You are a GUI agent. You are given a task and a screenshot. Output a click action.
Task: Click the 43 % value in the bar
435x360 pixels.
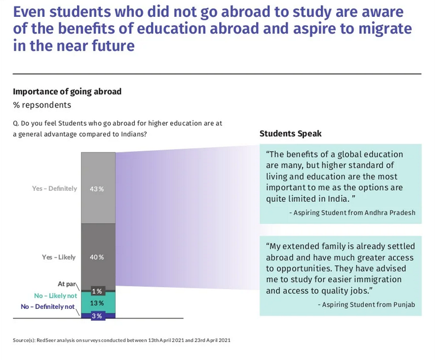click(97, 188)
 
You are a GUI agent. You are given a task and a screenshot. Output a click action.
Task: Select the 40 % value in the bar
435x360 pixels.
click(97, 257)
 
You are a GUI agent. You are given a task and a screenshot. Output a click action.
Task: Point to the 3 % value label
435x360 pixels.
click(97, 316)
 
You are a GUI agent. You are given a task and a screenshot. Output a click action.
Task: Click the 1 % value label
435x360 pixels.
click(97, 291)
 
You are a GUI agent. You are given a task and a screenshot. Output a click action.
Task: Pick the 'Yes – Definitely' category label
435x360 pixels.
click(55, 188)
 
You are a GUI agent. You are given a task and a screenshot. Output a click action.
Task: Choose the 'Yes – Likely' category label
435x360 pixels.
click(58, 257)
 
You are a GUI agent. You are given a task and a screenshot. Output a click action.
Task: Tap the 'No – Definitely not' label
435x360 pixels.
click(48, 307)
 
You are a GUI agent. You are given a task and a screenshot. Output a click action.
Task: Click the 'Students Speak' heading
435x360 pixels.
click(290, 133)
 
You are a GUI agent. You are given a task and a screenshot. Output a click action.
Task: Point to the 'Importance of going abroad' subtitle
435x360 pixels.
click(67, 91)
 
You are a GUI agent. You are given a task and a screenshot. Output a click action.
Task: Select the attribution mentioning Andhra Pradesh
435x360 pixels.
click(353, 213)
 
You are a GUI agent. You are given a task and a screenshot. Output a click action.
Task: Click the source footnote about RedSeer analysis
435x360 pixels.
click(121, 340)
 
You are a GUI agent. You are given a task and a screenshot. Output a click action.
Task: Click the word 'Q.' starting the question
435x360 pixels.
click(16, 123)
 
